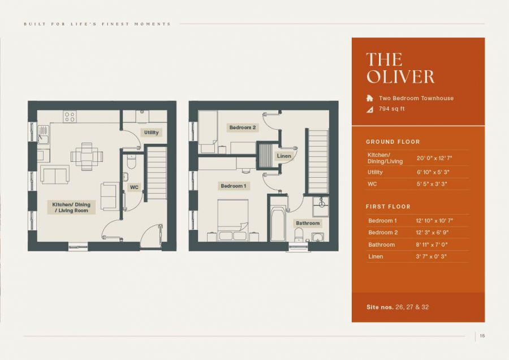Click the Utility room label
coord(152,132)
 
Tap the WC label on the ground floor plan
coord(134,187)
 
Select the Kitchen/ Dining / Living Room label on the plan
coord(71,207)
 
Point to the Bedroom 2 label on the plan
coord(243,127)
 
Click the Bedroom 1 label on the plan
coord(233,186)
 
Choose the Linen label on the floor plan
coord(284,156)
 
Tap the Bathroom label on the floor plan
coord(308,223)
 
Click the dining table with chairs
coord(87,156)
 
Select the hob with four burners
coord(70,117)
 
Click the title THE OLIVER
coord(400,68)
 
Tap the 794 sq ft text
coord(392,109)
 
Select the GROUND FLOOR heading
coord(392,142)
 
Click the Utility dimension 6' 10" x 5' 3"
coord(433,172)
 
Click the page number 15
coord(482,336)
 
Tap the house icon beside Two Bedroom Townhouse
coord(370,98)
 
